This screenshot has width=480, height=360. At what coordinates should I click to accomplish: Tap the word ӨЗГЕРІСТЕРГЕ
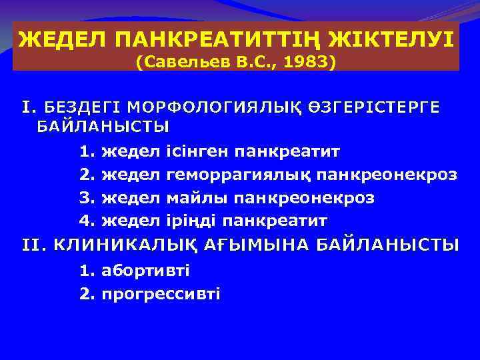point(373,107)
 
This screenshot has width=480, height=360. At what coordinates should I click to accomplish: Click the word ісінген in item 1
point(196,152)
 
